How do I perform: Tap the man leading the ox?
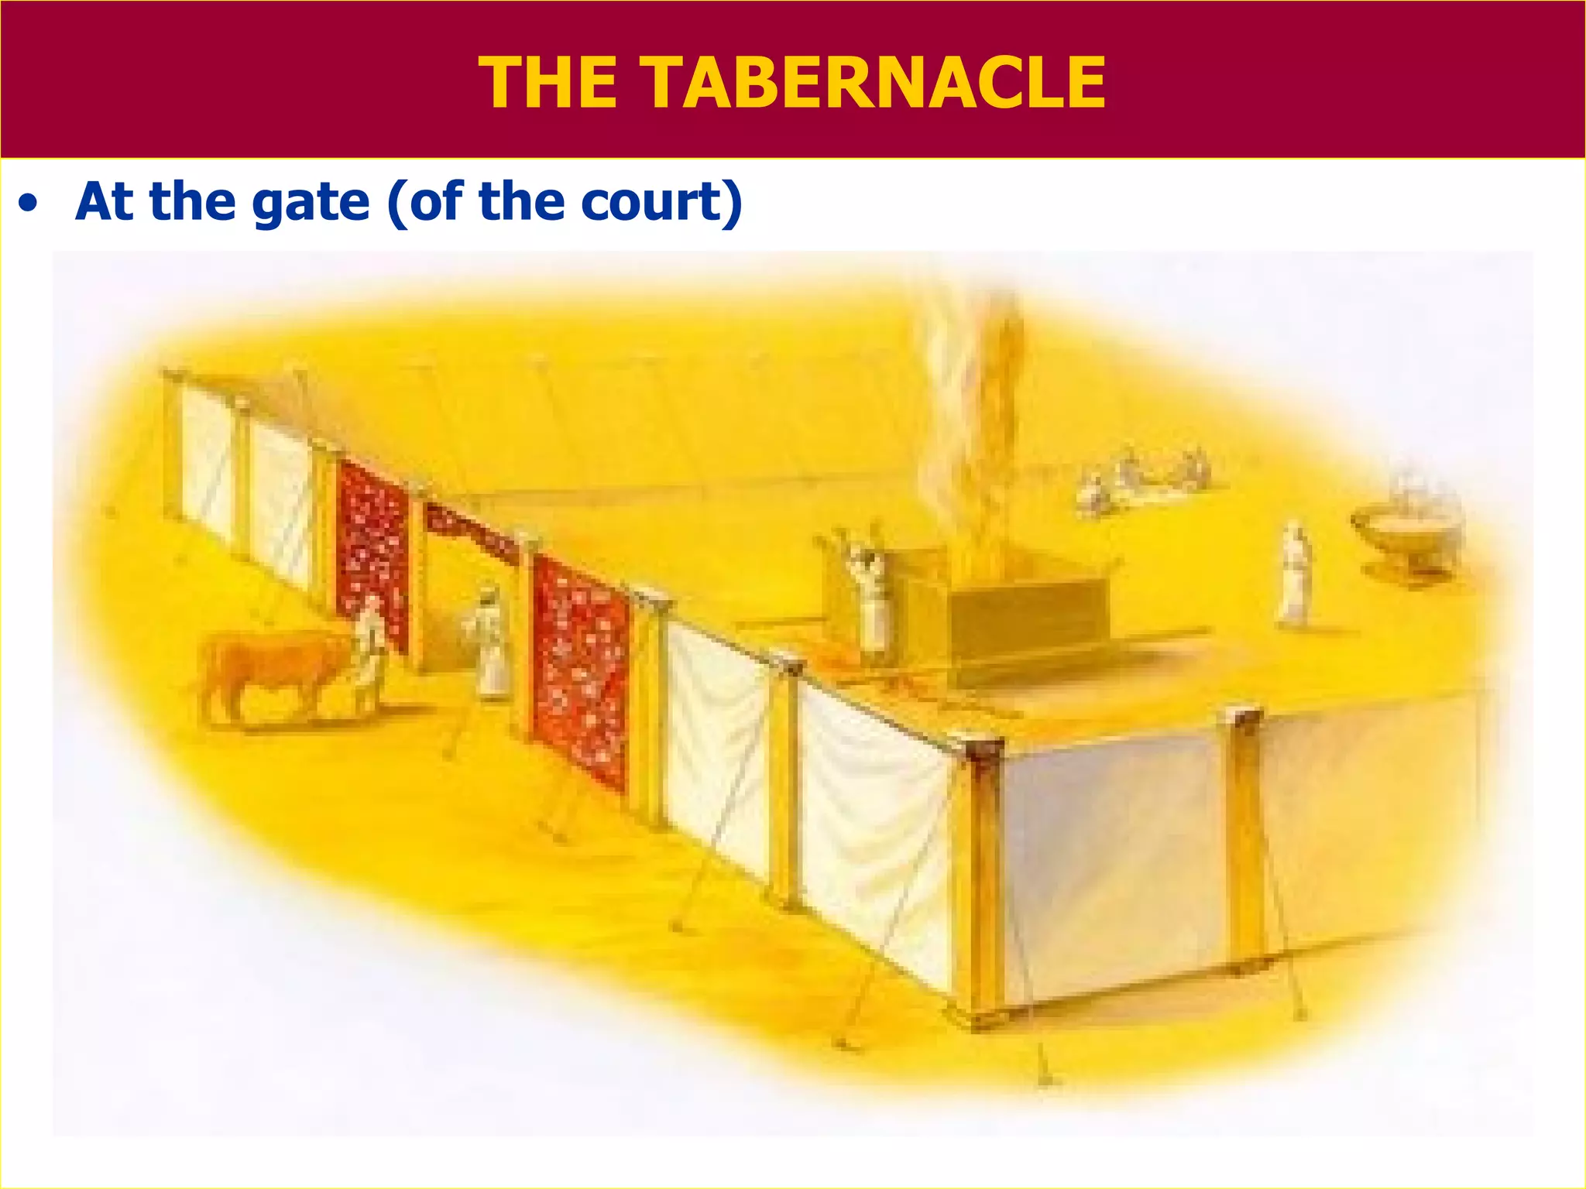tap(370, 647)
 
